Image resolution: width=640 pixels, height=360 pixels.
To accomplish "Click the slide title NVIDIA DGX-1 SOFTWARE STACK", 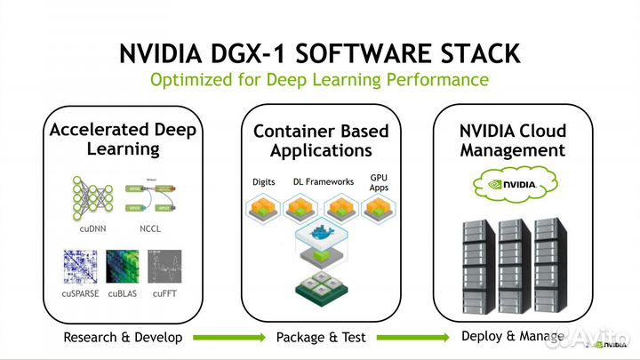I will pos(319,52).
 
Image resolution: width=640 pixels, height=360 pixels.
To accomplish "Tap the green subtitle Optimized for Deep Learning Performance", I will pos(319,81).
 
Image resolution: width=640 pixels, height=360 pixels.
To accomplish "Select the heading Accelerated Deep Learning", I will pos(123,139).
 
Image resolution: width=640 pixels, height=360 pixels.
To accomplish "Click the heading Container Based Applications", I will pos(321,140).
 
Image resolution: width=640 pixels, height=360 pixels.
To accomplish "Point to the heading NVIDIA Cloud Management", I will pos(512,140).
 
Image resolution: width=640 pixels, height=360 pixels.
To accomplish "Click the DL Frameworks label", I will pos(324,182).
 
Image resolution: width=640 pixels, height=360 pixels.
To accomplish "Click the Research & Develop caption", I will pos(123,338).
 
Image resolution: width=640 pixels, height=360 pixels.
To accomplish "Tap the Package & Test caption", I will pos(320,338).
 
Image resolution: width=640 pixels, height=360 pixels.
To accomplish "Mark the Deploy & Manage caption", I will pos(512,337).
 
